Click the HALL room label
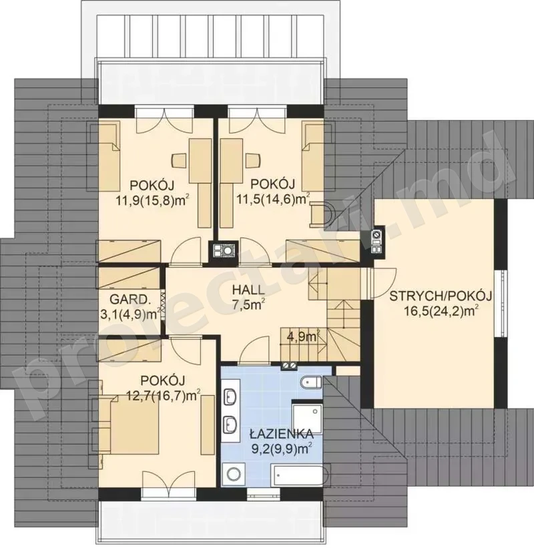248,290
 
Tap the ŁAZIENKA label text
281,434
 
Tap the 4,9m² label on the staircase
302,336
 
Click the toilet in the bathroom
310,382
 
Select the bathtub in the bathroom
301,475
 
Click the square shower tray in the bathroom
307,419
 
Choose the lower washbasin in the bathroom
230,425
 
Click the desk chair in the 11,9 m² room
180,160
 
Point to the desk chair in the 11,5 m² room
254,160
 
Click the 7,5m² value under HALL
248,305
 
